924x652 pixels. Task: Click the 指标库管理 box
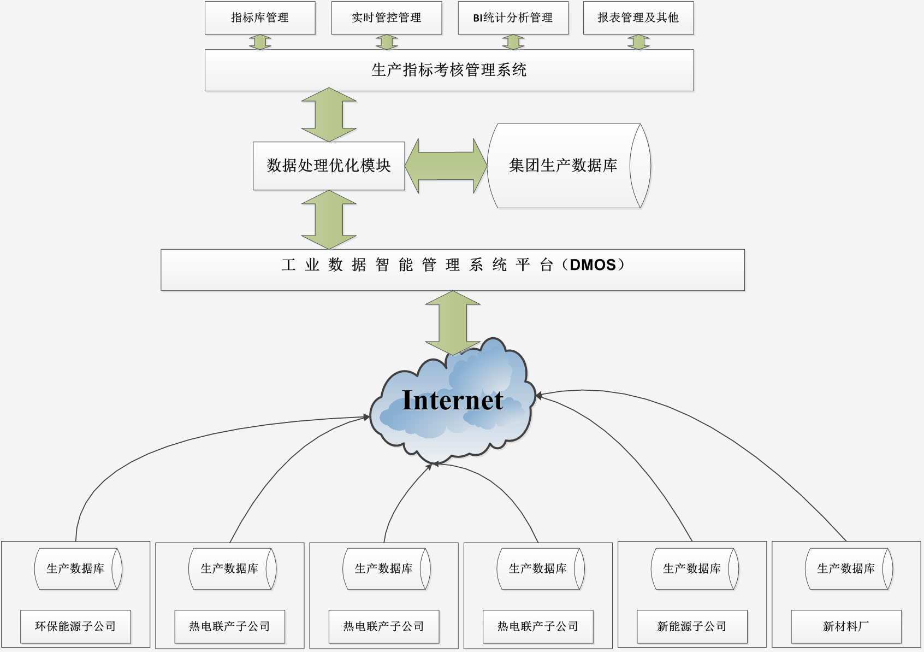(x=260, y=18)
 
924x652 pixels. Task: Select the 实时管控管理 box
(x=387, y=18)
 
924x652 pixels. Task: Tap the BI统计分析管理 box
(x=513, y=18)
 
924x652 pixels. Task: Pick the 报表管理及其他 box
(x=638, y=18)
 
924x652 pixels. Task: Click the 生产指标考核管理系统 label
(x=449, y=70)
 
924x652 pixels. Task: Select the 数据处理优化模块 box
(x=329, y=166)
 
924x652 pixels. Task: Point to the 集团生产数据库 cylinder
(x=568, y=166)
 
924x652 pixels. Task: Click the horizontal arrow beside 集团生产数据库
(x=446, y=166)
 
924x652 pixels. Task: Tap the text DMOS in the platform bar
(x=593, y=265)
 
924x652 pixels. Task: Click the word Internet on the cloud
(x=452, y=400)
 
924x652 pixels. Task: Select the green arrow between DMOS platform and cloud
(x=453, y=322)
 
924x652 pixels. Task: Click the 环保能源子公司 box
(x=75, y=626)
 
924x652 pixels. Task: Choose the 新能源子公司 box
(x=692, y=626)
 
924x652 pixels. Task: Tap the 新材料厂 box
(x=846, y=626)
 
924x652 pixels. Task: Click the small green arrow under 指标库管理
(x=260, y=42)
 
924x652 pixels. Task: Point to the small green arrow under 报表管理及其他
(x=638, y=42)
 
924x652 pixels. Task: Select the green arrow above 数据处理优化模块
(x=329, y=115)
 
